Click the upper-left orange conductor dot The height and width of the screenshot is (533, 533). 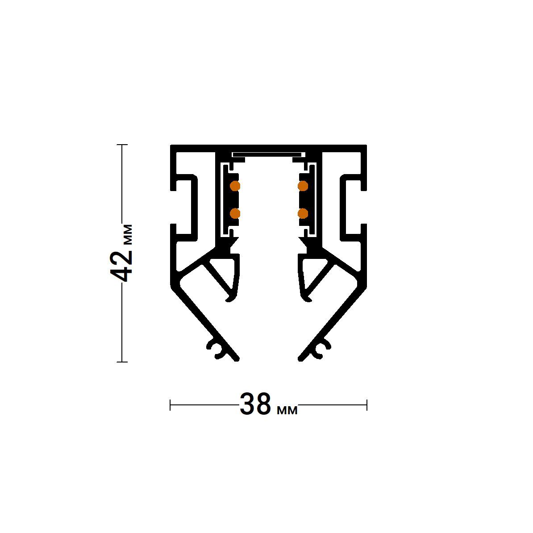(235, 185)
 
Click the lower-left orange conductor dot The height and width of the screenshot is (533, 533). (235, 213)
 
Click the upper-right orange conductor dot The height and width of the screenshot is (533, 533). (303, 185)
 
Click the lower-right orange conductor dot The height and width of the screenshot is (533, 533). (303, 213)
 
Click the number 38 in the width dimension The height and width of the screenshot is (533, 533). (255, 405)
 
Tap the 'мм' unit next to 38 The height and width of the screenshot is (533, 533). (287, 409)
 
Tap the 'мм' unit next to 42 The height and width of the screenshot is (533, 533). (127, 234)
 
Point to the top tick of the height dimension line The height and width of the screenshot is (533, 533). (122, 145)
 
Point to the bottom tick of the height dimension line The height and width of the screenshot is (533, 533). (122, 362)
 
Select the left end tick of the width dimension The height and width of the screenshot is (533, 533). (171, 405)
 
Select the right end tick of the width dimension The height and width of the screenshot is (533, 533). (366, 405)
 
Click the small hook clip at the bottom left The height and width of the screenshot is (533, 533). (216, 350)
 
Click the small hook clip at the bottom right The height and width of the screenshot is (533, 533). (322, 350)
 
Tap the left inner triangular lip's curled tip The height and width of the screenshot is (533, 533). (229, 298)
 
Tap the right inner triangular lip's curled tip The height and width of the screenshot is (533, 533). (307, 298)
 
